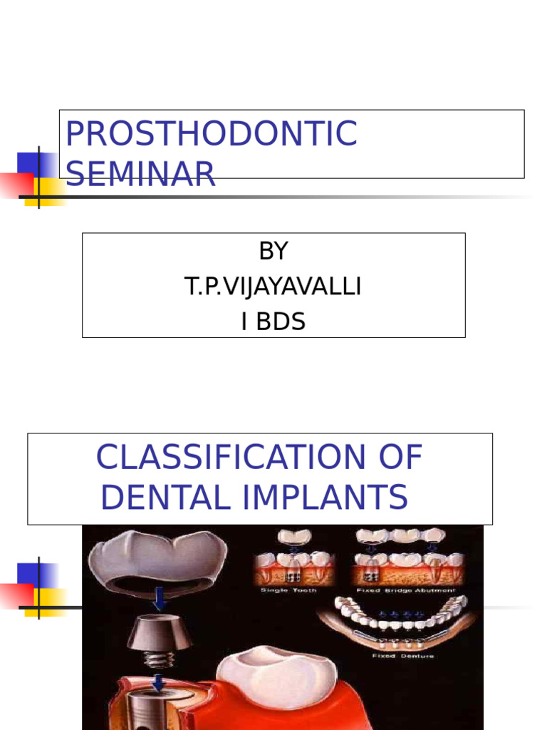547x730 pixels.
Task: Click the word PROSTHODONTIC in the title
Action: (x=211, y=134)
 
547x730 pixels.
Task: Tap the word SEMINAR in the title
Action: (x=140, y=175)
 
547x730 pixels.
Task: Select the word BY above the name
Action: (x=273, y=252)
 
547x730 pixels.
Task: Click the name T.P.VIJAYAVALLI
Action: (x=273, y=287)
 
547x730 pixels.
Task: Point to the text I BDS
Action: (x=273, y=322)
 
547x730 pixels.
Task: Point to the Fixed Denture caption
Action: (x=403, y=656)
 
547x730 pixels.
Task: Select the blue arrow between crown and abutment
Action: (x=160, y=600)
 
